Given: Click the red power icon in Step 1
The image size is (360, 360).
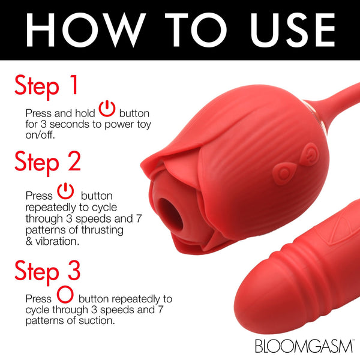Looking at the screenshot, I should tap(107, 109).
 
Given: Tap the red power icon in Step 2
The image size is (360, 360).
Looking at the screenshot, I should tap(65, 191).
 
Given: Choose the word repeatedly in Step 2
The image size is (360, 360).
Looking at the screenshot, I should tap(50, 206).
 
